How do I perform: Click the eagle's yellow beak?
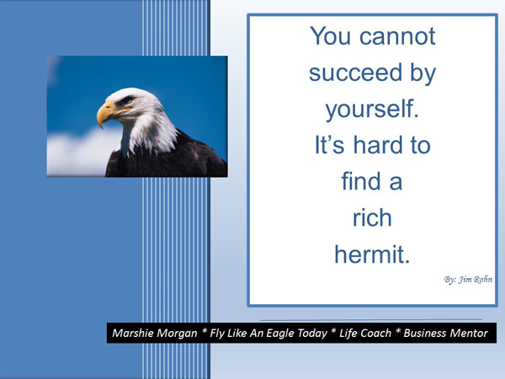pyautogui.click(x=106, y=113)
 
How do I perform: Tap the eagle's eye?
pyautogui.click(x=127, y=99)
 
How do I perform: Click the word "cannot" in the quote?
pyautogui.click(x=397, y=36)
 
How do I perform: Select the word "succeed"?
pyautogui.click(x=355, y=72)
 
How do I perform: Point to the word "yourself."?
pyautogui.click(x=372, y=110)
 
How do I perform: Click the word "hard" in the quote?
pyautogui.click(x=378, y=145)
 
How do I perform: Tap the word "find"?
pyautogui.click(x=360, y=181)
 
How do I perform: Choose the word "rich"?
pyautogui.click(x=372, y=217)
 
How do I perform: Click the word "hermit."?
pyautogui.click(x=372, y=254)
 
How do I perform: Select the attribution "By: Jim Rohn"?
pyautogui.click(x=468, y=280)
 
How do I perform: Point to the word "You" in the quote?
pyautogui.click(x=330, y=36)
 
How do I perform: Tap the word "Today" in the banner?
pyautogui.click(x=312, y=334)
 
